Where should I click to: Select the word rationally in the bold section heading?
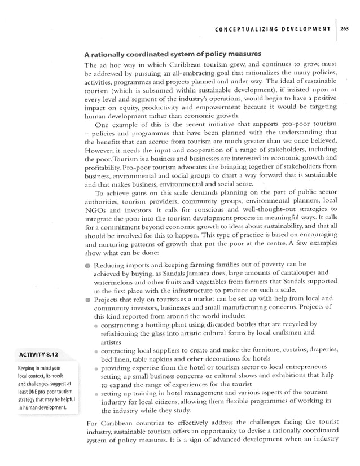[x=112, y=54]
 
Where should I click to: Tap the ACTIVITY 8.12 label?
[x=41, y=355]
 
